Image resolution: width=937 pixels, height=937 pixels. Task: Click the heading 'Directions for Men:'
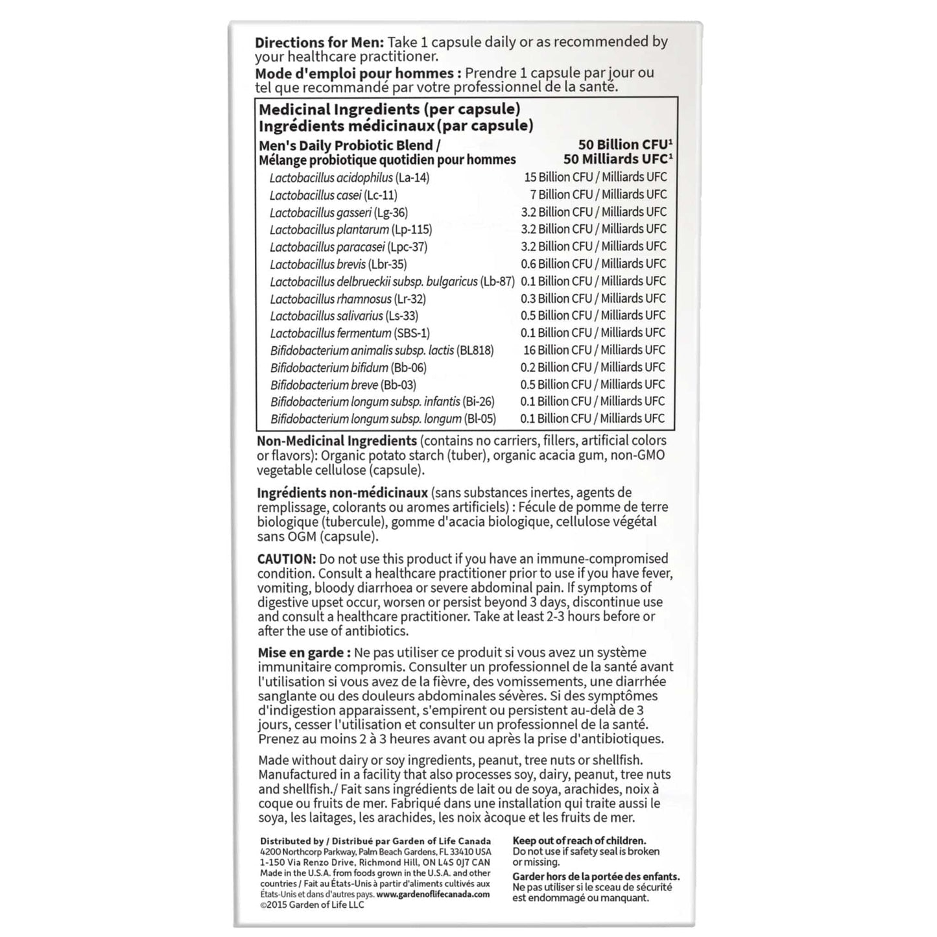point(320,43)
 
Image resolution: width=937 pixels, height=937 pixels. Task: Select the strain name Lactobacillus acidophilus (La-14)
point(350,178)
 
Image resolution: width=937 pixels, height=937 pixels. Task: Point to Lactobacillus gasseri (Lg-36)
point(338,213)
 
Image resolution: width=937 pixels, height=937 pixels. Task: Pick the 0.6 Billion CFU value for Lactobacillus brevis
point(557,264)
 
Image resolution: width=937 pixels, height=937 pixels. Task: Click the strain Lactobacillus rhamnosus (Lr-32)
point(348,299)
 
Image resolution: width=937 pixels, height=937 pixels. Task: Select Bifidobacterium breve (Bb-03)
point(343,385)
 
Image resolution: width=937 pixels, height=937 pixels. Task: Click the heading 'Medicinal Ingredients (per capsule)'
point(389,110)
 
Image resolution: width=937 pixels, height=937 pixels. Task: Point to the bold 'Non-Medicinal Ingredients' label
point(337,442)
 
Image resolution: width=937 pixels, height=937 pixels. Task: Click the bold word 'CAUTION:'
point(286,559)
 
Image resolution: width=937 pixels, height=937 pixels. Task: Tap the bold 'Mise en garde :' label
point(303,653)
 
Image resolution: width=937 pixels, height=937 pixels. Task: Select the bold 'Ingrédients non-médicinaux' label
point(342,493)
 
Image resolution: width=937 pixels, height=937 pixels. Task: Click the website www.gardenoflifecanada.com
point(433,894)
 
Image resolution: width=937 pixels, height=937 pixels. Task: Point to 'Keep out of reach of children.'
point(579,841)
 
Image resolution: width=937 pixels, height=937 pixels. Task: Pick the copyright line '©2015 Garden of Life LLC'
point(312,905)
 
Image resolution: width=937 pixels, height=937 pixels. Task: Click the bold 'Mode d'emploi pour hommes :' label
point(358,73)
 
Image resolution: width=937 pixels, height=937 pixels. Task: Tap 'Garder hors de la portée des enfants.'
point(596,877)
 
